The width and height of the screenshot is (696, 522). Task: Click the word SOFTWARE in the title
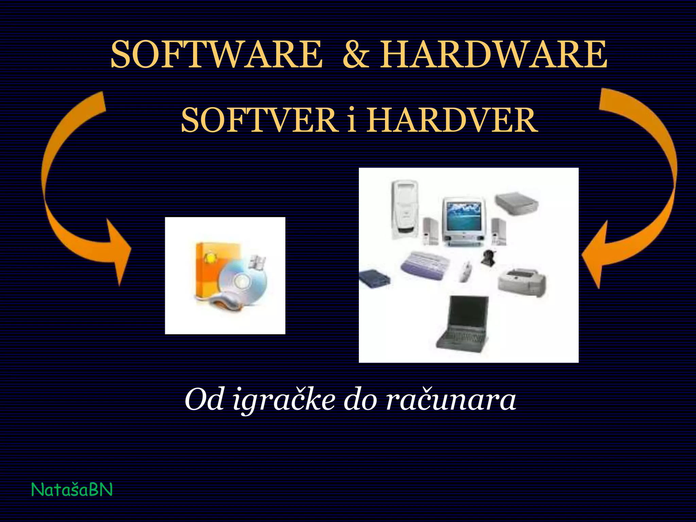[x=216, y=54]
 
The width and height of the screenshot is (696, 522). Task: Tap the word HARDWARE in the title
[x=493, y=54]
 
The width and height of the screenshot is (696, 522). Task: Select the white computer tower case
[x=405, y=209]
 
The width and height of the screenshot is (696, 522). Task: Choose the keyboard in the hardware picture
[x=425, y=265]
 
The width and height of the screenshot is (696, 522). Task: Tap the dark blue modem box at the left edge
[x=374, y=279]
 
